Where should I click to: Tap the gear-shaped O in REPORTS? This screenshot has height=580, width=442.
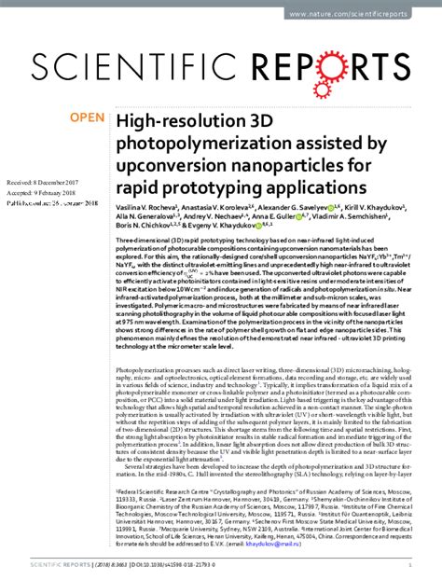tap(352, 65)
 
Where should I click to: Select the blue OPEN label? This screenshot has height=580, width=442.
tap(87, 118)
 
